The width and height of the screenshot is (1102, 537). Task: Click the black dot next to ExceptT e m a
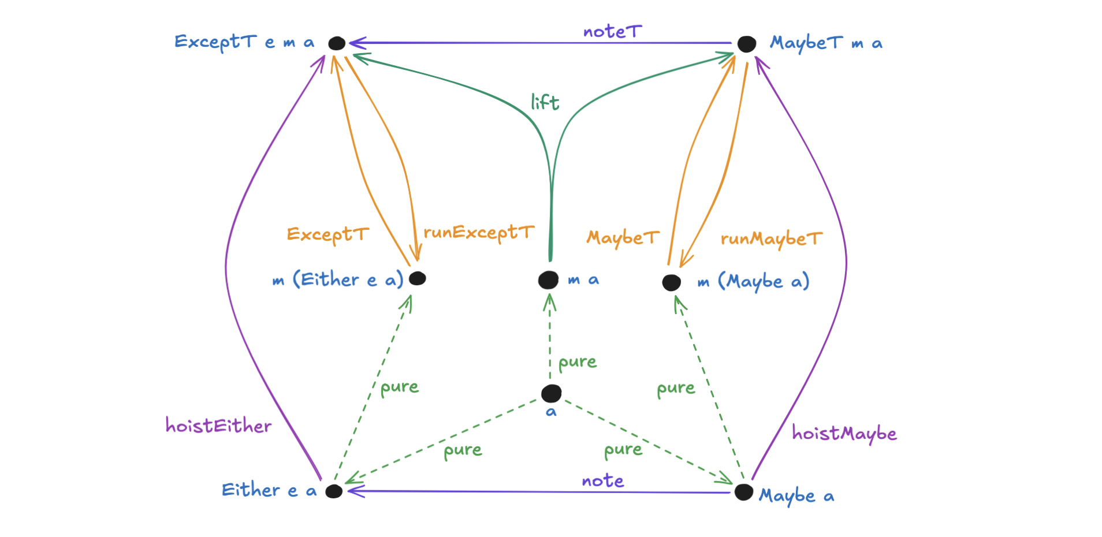[x=337, y=43]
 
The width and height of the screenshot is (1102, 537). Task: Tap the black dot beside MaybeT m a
[x=746, y=44]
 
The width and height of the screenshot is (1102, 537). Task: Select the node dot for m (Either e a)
[x=417, y=278]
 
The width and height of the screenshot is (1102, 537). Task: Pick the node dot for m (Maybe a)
[x=671, y=282]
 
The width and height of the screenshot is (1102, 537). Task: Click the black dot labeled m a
[x=548, y=280]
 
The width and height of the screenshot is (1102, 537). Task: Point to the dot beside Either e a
[x=334, y=491]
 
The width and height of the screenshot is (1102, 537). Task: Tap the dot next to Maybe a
[x=743, y=493]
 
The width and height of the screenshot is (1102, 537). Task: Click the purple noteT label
[x=612, y=32]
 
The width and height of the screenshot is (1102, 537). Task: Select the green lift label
[x=545, y=102]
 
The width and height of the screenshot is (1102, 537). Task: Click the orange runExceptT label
[x=479, y=233]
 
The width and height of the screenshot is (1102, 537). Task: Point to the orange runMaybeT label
[x=771, y=239]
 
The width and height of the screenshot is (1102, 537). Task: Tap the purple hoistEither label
[x=218, y=426]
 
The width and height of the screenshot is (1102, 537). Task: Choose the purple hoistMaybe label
[x=844, y=433]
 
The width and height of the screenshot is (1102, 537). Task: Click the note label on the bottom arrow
[x=602, y=480]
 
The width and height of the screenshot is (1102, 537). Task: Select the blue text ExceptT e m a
[x=244, y=42]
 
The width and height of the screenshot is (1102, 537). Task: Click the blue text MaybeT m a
[x=826, y=43]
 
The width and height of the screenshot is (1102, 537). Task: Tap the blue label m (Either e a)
[x=338, y=280]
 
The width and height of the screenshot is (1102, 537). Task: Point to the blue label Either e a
[x=269, y=491]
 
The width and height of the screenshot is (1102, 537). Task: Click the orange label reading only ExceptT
[x=327, y=234]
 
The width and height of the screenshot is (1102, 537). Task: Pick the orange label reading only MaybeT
[x=623, y=238]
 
